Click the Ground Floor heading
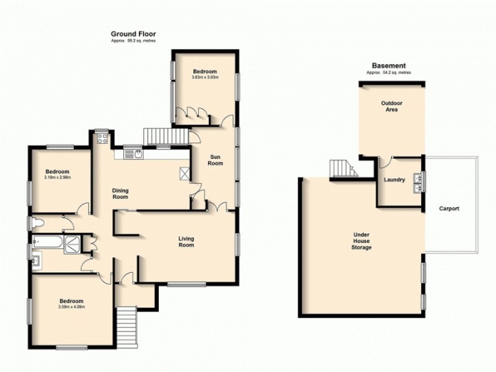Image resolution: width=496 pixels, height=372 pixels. pos(133,33)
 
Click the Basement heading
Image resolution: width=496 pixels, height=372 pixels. pos(389,66)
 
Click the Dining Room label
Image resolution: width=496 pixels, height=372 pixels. pos(120,193)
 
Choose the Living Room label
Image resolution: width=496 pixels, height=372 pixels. pos(186,241)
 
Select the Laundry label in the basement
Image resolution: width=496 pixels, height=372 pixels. pos(394,180)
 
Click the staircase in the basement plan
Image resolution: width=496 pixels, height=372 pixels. pos(340,167)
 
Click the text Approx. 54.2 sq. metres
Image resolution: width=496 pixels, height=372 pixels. pos(389,73)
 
